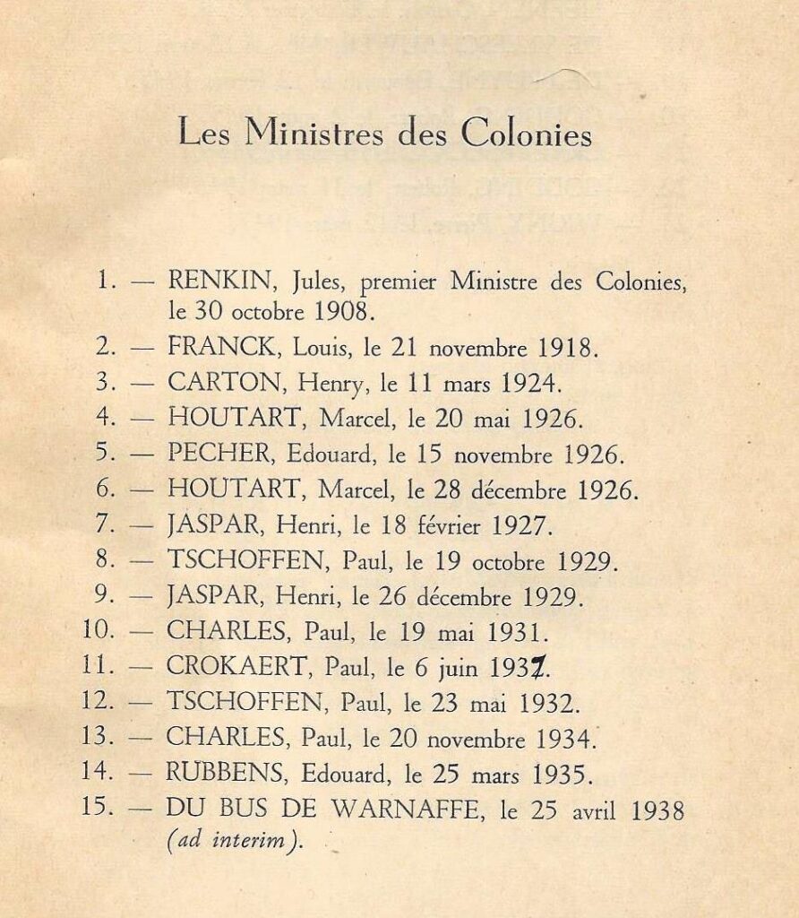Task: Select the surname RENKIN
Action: click(x=224, y=283)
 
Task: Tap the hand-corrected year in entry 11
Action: click(x=511, y=668)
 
